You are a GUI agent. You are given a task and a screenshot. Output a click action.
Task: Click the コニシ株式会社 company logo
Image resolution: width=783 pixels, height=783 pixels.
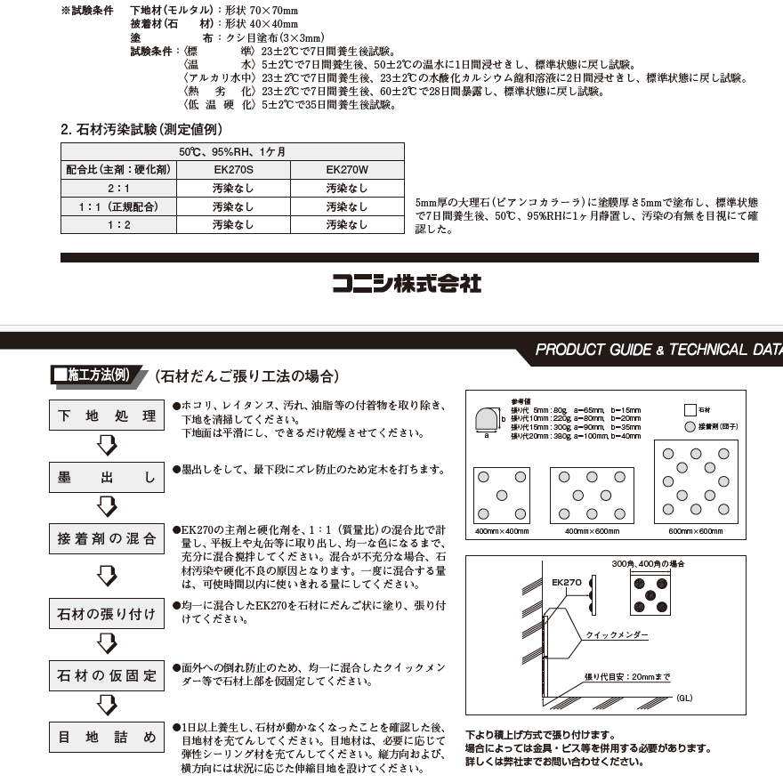(407, 284)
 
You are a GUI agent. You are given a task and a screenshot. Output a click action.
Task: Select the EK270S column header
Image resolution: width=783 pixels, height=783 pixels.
(233, 169)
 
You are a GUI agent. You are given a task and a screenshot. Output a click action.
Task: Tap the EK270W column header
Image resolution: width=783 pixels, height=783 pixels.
(347, 169)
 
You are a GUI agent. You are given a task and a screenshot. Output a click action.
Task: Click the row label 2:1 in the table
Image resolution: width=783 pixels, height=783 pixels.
(118, 189)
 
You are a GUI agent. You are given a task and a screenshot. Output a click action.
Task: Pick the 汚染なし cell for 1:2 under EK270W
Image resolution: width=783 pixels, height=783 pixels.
(347, 225)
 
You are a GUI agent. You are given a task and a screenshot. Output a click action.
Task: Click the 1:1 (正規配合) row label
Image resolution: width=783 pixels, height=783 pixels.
(118, 207)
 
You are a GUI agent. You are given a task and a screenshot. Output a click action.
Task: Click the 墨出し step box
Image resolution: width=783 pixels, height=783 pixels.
(107, 478)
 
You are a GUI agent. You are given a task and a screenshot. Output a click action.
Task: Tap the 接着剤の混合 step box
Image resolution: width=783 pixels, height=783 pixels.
(107, 538)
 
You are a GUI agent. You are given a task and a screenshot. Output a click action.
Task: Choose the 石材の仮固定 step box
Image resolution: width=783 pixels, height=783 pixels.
(107, 676)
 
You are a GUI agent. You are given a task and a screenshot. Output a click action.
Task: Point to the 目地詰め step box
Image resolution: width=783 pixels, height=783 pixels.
(107, 738)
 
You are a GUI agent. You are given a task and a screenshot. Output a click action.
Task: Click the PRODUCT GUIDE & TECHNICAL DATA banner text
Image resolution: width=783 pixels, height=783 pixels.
(658, 350)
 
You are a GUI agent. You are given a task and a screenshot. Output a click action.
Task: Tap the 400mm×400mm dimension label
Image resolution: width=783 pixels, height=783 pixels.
(501, 531)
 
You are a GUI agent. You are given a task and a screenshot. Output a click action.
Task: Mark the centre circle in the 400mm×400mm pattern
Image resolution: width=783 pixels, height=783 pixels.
(502, 495)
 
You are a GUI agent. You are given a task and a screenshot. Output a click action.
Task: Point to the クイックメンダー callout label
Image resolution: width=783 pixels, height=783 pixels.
(617, 636)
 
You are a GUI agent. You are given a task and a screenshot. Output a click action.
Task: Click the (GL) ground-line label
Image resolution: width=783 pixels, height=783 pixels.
(683, 698)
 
